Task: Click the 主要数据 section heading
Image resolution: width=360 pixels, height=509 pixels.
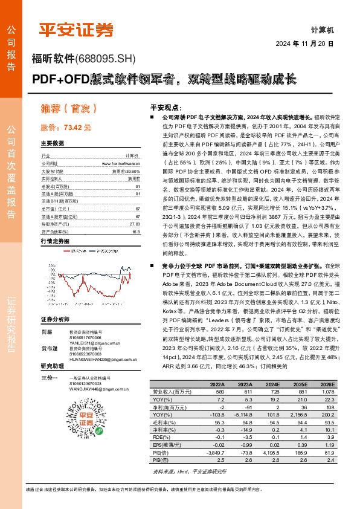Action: click(x=52, y=143)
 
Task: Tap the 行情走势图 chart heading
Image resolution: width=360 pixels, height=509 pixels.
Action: click(x=54, y=240)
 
